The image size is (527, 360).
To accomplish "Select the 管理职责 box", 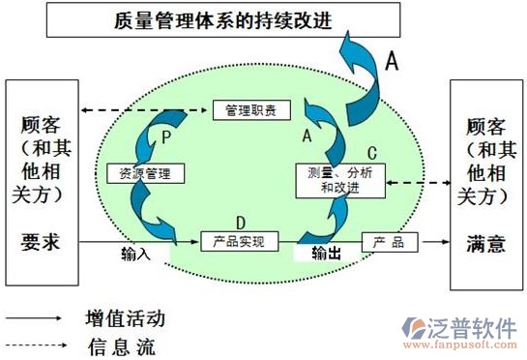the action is point(250,110).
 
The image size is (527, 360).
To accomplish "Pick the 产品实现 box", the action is point(238,241).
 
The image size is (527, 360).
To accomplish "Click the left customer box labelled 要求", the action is point(40,184).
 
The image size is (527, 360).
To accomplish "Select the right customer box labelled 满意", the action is point(484,184).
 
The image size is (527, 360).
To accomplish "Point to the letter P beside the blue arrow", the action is point(166,138).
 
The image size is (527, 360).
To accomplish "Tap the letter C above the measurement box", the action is point(371,152).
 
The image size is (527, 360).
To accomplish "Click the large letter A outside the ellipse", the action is point(392,61).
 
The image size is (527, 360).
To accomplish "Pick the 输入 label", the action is point(136,255).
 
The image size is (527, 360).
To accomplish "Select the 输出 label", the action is point(326,254).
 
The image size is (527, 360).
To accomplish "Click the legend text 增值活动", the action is point(125,317).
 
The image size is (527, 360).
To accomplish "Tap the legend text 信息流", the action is point(120,345).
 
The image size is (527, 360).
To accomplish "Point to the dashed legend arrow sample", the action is point(36,345).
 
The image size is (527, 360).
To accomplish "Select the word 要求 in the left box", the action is point(40,242).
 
